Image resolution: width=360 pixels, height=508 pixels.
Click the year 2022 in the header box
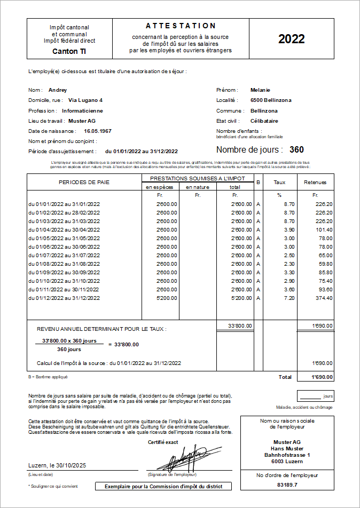[x=291, y=39]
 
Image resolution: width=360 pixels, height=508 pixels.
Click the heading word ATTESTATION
[x=181, y=26]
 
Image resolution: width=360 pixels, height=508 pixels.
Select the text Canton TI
[x=69, y=51]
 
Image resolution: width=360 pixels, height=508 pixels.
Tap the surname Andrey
[x=58, y=90]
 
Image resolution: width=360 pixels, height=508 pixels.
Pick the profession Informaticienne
[x=82, y=110]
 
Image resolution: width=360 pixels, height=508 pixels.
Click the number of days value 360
[x=296, y=150]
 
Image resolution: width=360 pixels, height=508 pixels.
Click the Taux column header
[x=279, y=182]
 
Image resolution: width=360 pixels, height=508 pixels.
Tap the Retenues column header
[x=315, y=182]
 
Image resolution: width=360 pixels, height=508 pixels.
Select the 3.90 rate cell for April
[x=289, y=229]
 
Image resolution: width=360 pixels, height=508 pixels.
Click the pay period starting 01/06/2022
[x=64, y=247]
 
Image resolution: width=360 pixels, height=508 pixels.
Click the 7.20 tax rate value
[x=289, y=298]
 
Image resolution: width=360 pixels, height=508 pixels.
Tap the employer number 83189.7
[x=287, y=485]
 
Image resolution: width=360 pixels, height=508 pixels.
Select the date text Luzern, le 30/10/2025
[x=57, y=465]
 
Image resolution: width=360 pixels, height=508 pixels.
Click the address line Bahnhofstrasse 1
[x=287, y=455]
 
